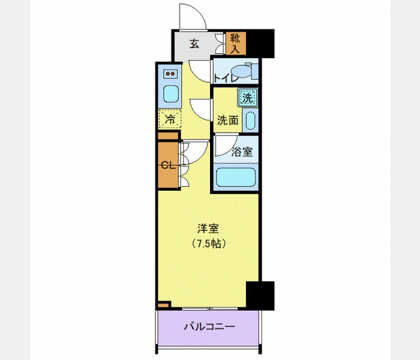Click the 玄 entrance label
(194, 44)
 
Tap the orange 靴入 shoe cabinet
(236, 44)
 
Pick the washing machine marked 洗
(247, 97)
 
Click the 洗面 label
(227, 121)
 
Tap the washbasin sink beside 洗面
(251, 121)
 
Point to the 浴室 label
(242, 152)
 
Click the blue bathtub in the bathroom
(236, 177)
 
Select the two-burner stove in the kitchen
(170, 73)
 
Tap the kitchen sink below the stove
(170, 94)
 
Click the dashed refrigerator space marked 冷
(170, 119)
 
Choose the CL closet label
(168, 166)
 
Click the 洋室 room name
(208, 229)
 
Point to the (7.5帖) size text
(208, 244)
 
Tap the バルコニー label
(209, 326)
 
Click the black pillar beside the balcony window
(260, 296)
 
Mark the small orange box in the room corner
(163, 305)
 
